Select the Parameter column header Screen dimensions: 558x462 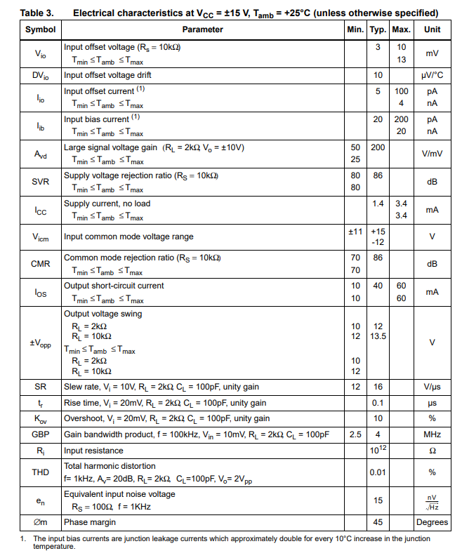(202, 29)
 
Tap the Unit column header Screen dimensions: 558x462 (433, 29)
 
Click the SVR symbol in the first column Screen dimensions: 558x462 (40, 181)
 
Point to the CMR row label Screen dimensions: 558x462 (40, 264)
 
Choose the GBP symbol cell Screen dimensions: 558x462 (40, 434)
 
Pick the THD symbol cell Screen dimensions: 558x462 (40, 472)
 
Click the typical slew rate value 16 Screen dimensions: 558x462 (378, 387)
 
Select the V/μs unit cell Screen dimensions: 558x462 (433, 387)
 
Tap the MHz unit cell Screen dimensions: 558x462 (433, 434)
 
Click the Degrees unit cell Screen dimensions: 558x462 (432, 522)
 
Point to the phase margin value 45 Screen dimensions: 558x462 (378, 522)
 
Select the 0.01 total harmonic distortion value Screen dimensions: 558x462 (378, 472)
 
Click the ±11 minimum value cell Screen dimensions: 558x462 (355, 231)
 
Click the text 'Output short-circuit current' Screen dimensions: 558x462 (114, 286)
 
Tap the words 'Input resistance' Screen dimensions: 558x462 (93, 451)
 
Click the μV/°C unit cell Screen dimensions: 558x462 (433, 74)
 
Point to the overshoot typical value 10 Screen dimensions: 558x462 (378, 418)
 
